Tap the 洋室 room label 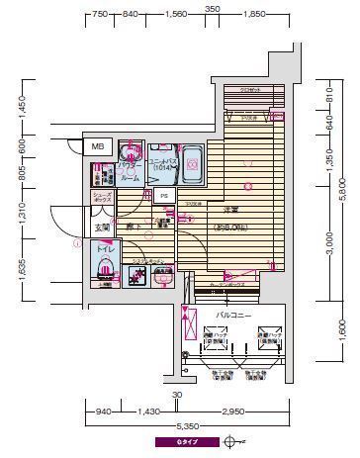(229, 211)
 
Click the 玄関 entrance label (103, 229)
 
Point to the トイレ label (104, 252)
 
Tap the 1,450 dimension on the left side (22, 104)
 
